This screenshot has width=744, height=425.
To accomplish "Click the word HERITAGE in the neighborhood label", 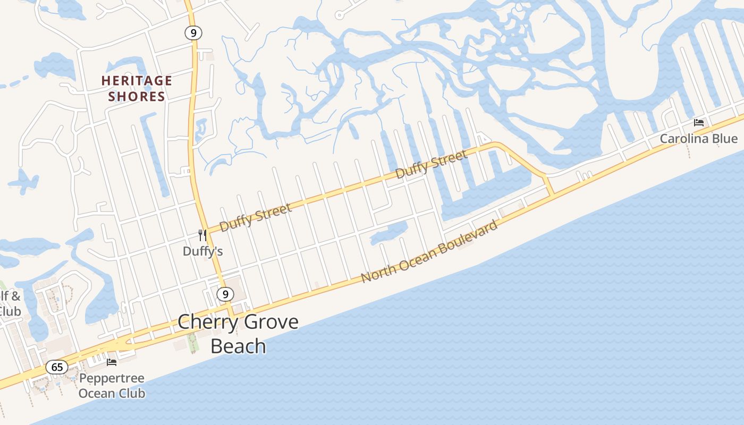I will click(137, 81).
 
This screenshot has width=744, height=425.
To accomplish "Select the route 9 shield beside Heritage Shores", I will click(193, 33).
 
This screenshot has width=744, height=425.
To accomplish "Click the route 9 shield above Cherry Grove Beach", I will click(225, 294).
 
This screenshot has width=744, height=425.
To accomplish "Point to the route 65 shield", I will click(57, 367).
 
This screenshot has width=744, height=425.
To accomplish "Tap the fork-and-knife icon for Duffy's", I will click(202, 235).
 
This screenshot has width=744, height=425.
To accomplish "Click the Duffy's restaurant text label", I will click(202, 251).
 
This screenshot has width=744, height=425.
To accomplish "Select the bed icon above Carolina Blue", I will click(699, 123).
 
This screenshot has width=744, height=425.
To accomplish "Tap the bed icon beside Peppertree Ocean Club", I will click(112, 362).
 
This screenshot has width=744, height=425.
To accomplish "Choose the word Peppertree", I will click(112, 379).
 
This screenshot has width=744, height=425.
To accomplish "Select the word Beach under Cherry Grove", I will click(238, 346).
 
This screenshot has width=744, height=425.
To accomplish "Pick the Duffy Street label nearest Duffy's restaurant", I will click(256, 217).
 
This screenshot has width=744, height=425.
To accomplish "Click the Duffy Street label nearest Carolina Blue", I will click(432, 164).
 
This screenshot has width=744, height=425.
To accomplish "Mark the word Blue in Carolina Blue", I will click(725, 139).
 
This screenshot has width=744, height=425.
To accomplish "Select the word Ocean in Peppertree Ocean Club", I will click(97, 394).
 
